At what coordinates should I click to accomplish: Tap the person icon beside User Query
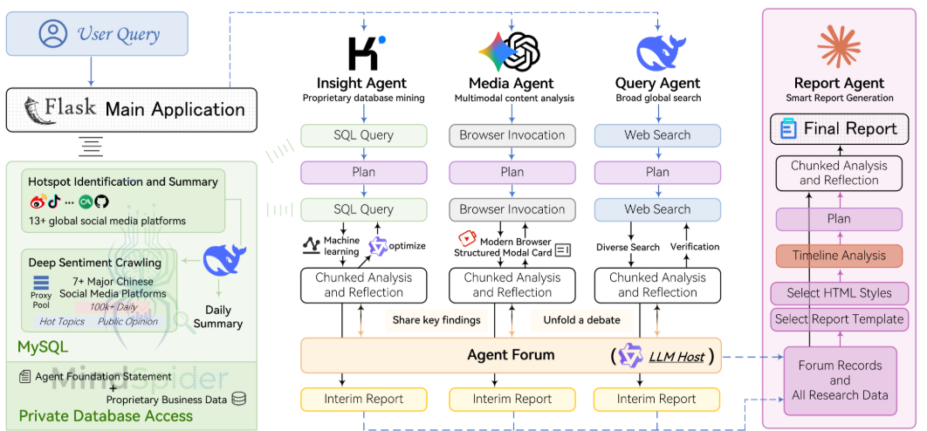pyautogui.click(x=53, y=35)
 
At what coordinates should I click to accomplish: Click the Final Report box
pyautogui.click(x=839, y=129)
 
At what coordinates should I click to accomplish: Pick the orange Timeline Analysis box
pyautogui.click(x=839, y=256)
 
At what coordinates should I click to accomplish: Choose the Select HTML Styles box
pyautogui.click(x=839, y=293)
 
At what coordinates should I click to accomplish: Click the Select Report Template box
pyautogui.click(x=839, y=318)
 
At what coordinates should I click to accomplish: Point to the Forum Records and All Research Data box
pyautogui.click(x=840, y=380)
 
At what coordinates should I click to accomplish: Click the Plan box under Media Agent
pyautogui.click(x=512, y=172)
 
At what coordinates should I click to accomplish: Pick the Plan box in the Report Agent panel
pyautogui.click(x=839, y=218)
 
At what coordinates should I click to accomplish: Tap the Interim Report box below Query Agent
pyautogui.click(x=657, y=399)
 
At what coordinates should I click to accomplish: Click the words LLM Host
pyautogui.click(x=676, y=356)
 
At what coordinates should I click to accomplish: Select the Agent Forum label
pyautogui.click(x=511, y=355)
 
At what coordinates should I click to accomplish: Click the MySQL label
pyautogui.click(x=43, y=347)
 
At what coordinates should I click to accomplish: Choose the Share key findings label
pyautogui.click(x=436, y=320)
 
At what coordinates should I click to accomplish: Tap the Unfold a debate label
pyautogui.click(x=581, y=320)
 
